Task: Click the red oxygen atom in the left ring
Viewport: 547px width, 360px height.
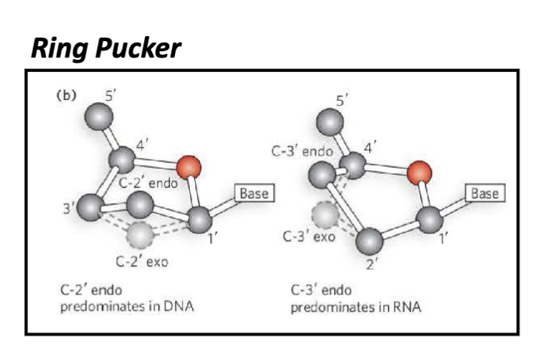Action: [x=188, y=168]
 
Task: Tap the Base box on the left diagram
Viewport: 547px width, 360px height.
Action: [x=253, y=194]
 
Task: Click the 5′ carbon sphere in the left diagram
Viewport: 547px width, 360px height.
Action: [x=99, y=116]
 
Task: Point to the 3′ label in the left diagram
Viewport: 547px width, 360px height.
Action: [x=69, y=208]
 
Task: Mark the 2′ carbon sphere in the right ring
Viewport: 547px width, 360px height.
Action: [x=370, y=240]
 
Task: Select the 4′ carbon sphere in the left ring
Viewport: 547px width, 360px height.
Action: [x=122, y=159]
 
